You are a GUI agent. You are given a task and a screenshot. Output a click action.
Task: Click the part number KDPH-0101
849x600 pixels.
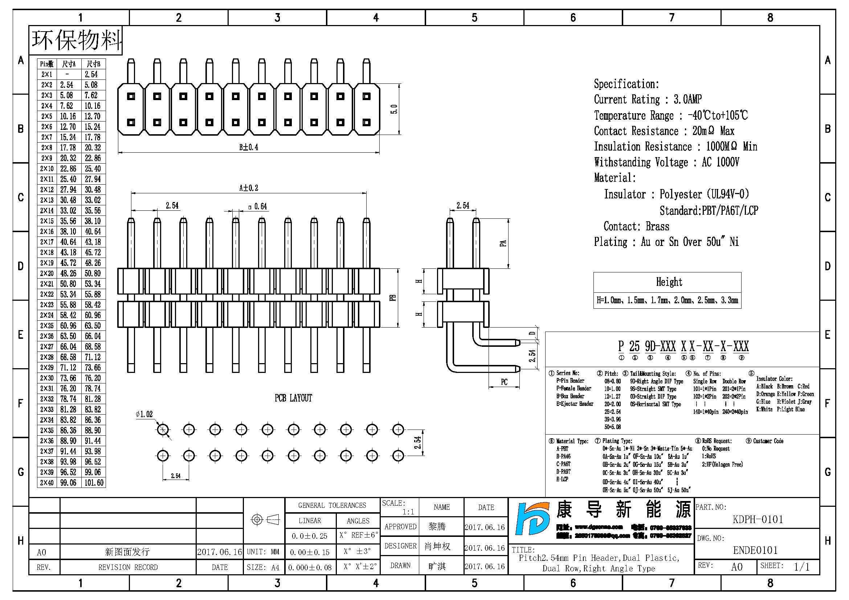click(x=758, y=519)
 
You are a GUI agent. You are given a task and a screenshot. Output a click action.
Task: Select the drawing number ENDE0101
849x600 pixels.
click(x=755, y=551)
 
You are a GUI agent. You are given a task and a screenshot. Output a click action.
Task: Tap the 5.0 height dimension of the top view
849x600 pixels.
click(x=394, y=109)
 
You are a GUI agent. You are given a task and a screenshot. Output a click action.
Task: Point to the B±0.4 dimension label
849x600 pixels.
click(x=249, y=147)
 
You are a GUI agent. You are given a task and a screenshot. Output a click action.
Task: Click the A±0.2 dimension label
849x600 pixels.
click(x=249, y=188)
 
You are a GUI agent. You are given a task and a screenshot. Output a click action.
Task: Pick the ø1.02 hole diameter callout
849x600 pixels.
click(x=144, y=414)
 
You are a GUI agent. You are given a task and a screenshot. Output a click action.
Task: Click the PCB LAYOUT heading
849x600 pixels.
click(x=293, y=398)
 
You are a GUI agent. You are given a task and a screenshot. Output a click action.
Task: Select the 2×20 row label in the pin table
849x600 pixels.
click(x=47, y=274)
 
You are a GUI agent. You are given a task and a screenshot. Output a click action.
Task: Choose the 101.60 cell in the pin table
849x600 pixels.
click(x=94, y=482)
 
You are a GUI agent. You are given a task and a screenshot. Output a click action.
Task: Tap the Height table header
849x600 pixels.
click(x=669, y=282)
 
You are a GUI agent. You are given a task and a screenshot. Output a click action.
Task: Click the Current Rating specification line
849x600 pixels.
click(x=648, y=99)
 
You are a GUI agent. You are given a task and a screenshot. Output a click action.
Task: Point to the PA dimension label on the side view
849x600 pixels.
click(x=503, y=243)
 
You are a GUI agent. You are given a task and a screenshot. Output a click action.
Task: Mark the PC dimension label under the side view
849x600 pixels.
click(x=504, y=382)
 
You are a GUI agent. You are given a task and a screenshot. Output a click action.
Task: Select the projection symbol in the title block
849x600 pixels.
click(x=264, y=519)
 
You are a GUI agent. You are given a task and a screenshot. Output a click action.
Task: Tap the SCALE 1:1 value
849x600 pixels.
click(x=408, y=512)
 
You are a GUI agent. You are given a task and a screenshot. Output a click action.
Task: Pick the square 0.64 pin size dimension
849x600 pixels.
click(x=258, y=206)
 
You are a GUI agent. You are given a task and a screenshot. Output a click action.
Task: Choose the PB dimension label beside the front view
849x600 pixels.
click(x=393, y=297)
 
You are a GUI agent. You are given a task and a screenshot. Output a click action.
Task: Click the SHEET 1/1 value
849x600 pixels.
click(x=802, y=567)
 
